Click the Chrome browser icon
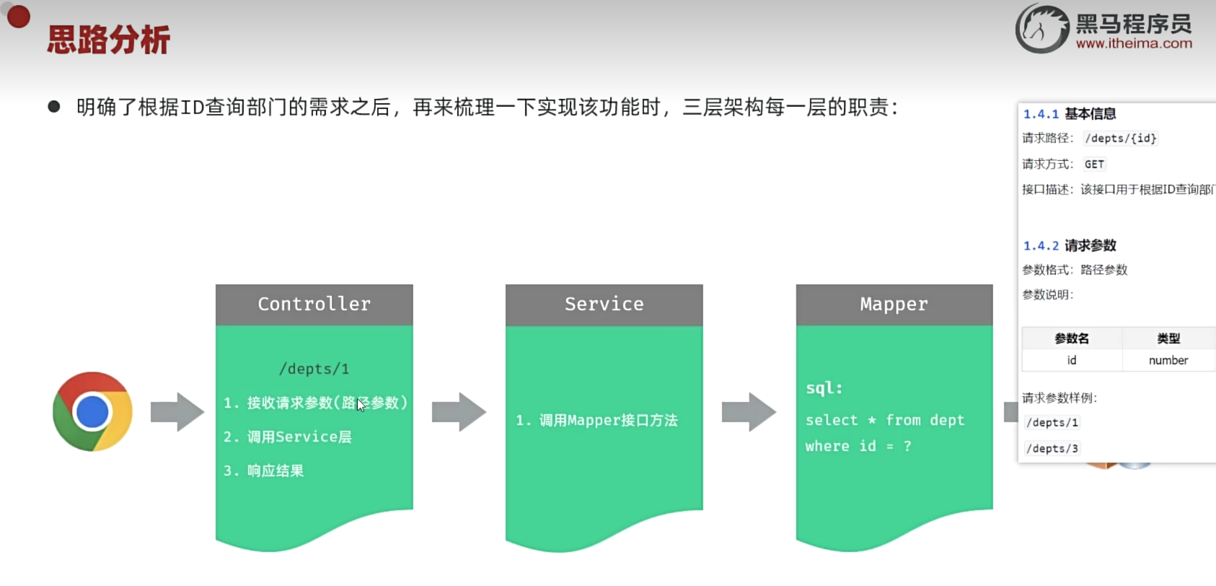(92, 411)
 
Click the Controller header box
(314, 305)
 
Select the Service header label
(604, 305)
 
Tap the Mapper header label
(894, 305)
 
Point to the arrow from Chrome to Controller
(177, 412)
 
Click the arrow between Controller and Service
(459, 412)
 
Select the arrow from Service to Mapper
(749, 412)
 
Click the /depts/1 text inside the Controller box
(314, 369)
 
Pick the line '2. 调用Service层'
(288, 437)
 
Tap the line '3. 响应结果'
(264, 471)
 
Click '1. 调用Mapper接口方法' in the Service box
(597, 420)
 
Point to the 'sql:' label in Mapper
(824, 388)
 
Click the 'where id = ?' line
(858, 446)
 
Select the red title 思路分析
(109, 40)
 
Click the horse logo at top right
(1041, 29)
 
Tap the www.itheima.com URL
(1134, 43)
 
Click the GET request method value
(1094, 164)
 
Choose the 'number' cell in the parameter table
(1168, 360)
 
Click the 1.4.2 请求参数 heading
(1070, 245)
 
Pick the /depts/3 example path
(1052, 448)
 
